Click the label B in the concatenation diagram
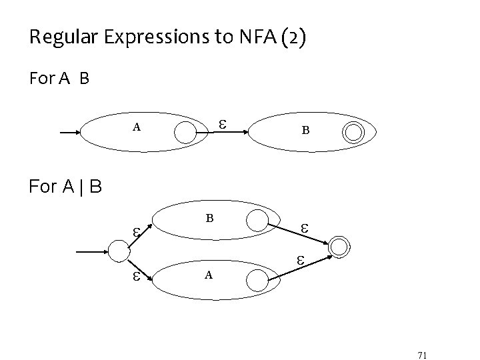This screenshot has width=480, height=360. point(305,131)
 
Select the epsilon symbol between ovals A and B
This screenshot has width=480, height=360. point(223,125)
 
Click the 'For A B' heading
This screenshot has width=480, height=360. point(59,79)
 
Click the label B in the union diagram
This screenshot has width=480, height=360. point(209,217)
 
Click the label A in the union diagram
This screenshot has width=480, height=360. point(209,275)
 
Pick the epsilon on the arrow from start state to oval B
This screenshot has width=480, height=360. point(135,233)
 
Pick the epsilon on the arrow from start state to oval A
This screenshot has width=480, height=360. point(135,277)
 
